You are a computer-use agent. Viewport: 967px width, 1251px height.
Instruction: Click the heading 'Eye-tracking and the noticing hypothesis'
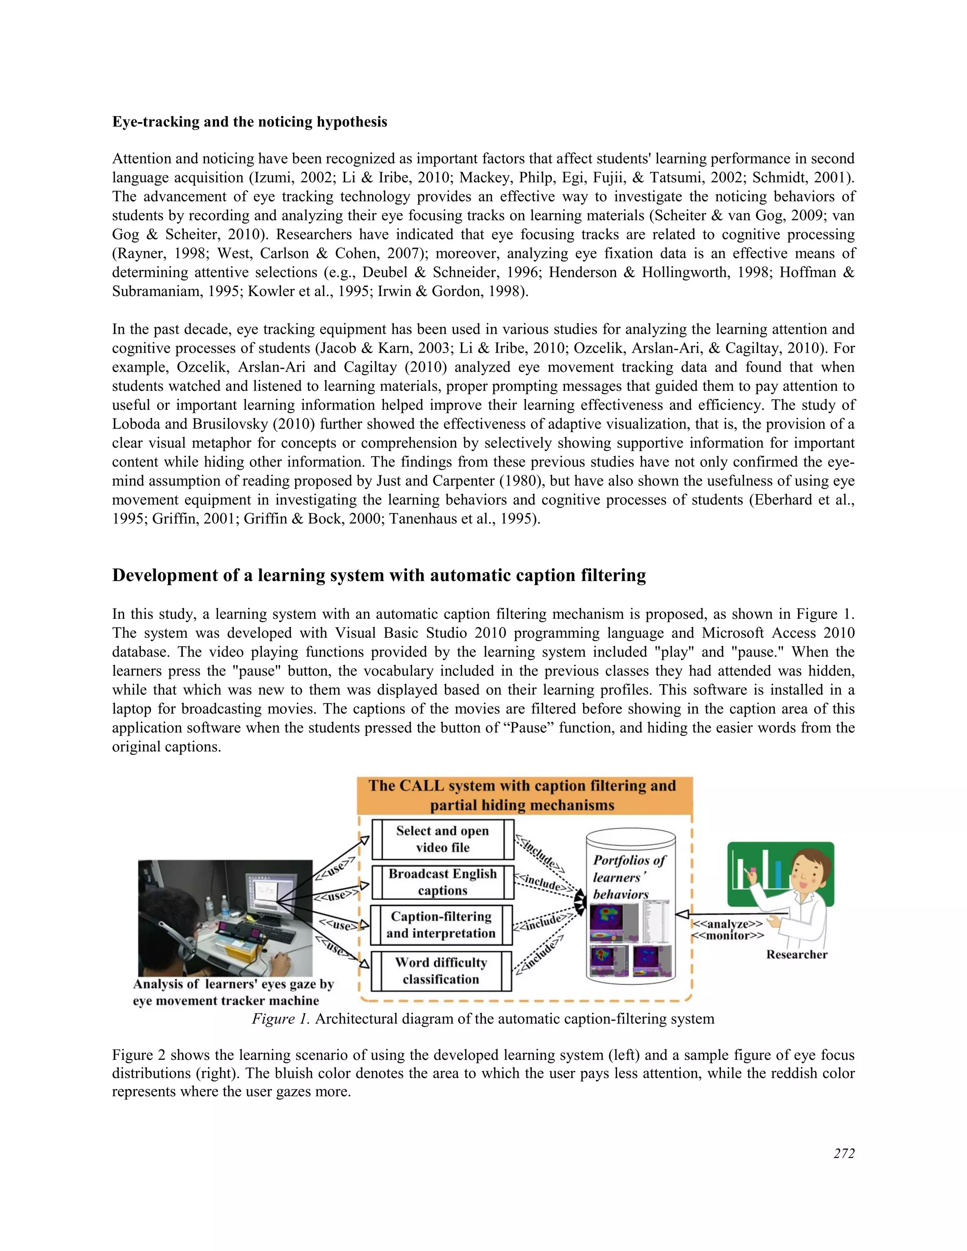[249, 122]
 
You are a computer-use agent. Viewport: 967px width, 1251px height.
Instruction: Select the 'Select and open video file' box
[442, 839]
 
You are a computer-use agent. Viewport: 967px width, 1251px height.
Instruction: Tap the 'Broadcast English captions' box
[442, 882]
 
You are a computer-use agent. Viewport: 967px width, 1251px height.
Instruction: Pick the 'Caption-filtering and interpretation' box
[441, 925]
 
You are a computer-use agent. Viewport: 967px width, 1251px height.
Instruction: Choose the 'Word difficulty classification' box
[441, 971]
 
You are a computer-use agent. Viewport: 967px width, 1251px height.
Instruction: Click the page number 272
[844, 1154]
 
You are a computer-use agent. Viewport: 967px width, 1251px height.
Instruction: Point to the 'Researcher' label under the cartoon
[796, 955]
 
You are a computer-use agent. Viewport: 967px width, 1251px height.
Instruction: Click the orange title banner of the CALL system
[524, 795]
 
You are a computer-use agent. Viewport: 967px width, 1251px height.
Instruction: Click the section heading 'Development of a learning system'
[379, 575]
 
